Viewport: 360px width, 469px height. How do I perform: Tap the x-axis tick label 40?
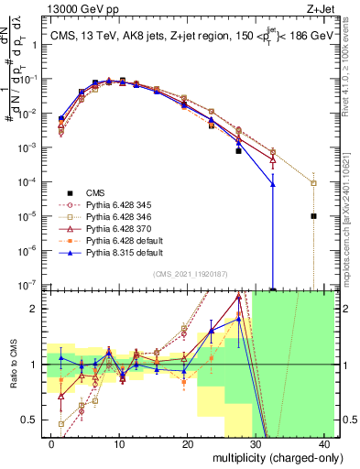tap(325, 442)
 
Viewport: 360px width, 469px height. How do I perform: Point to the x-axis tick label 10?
tap(119, 442)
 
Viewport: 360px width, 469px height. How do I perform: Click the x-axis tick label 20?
tap(188, 442)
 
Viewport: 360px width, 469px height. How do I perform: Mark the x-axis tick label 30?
tap(256, 442)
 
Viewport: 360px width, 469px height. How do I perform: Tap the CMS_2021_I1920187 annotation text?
tap(198, 274)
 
